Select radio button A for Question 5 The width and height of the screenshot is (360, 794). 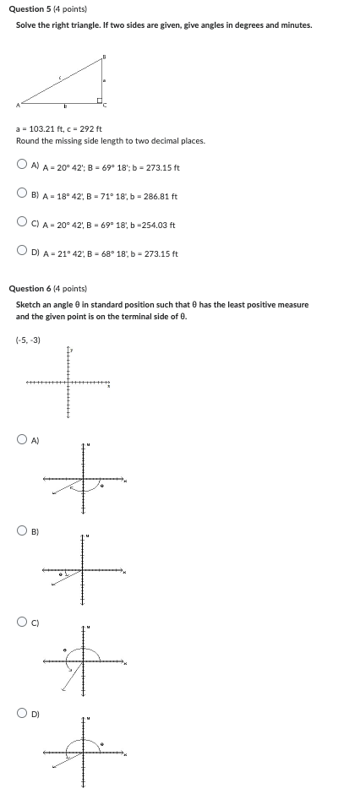[22, 166]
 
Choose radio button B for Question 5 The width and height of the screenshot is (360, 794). [22, 195]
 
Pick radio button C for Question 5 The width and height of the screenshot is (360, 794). [22, 224]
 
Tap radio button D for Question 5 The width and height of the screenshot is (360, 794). [22, 253]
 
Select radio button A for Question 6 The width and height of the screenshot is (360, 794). [22, 439]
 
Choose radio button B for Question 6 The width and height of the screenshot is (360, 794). [22, 530]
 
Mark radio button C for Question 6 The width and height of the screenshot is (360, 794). [22, 622]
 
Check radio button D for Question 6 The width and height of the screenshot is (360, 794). [22, 713]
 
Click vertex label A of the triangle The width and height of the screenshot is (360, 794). [16, 106]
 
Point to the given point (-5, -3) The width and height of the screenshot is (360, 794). [28, 340]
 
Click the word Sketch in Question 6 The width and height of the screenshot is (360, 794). [27, 304]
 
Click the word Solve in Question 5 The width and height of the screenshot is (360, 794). [25, 25]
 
